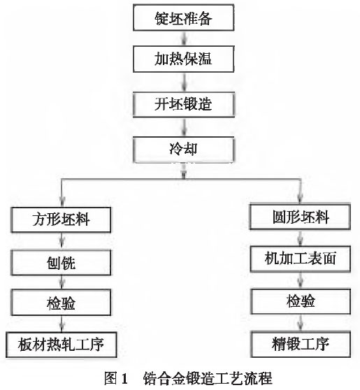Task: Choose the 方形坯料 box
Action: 62,219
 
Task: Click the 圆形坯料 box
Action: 300,216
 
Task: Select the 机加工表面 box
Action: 300,259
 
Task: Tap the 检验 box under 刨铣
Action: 62,303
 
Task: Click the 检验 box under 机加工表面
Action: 300,301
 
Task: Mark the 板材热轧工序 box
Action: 62,345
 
